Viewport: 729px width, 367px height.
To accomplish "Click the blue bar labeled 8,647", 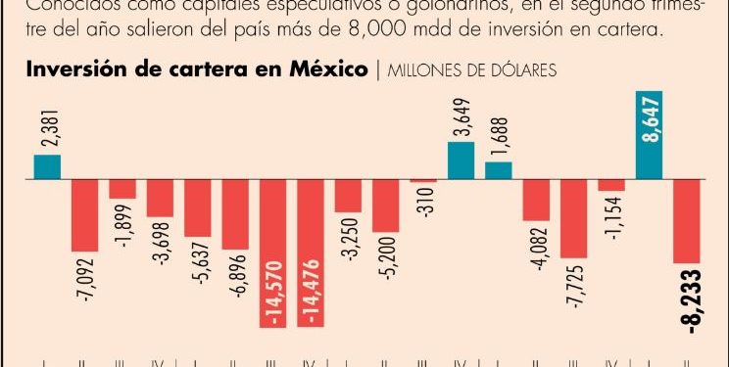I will tap(650, 136).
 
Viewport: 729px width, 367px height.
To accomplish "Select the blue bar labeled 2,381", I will tap(47, 167).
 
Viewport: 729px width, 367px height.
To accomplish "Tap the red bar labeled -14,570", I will tap(272, 253).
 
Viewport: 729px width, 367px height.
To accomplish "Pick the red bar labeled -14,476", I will tap(311, 253).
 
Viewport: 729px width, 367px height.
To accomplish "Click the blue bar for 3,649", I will tap(462, 161).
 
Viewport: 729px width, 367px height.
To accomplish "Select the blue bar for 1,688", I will tap(499, 171).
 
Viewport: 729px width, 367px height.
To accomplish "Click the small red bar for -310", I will tap(423, 182).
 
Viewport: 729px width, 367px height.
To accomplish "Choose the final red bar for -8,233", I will tap(687, 222).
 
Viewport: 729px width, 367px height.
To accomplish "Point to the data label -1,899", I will tap(122, 224).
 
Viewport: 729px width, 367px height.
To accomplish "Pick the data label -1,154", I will tap(612, 217).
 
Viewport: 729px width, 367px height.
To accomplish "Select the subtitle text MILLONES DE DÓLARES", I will tap(473, 70).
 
